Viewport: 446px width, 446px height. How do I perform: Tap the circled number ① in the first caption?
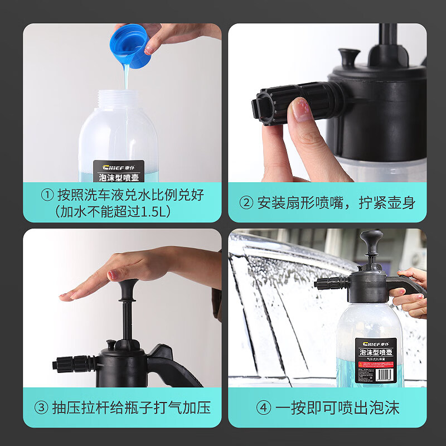click(x=49, y=195)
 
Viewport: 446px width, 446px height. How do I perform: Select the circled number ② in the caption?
click(x=246, y=202)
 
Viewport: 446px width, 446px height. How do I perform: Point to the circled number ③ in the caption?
click(x=41, y=408)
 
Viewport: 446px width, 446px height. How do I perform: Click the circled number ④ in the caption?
click(x=264, y=408)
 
